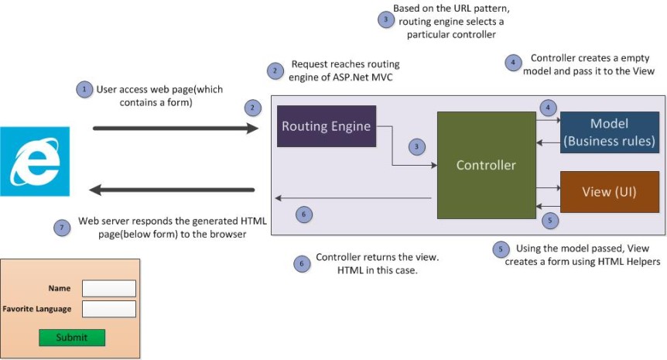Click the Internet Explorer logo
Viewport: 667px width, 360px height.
pyautogui.click(x=36, y=161)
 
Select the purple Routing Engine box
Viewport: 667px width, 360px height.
pyautogui.click(x=327, y=125)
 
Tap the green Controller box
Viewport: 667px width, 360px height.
pyautogui.click(x=486, y=165)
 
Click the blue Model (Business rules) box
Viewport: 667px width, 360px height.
pyautogui.click(x=609, y=132)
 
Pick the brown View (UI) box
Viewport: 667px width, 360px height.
pyautogui.click(x=609, y=191)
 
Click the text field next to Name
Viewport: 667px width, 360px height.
pyautogui.click(x=109, y=288)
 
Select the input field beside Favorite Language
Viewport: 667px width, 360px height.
pyautogui.click(x=109, y=309)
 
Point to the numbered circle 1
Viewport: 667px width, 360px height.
pyautogui.click(x=84, y=89)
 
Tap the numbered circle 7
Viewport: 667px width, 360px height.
pyautogui.click(x=63, y=228)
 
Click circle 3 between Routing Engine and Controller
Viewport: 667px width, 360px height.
pyautogui.click(x=417, y=146)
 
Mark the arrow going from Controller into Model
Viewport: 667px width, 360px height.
pyautogui.click(x=548, y=121)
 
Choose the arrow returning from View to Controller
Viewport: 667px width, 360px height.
pyautogui.click(x=548, y=206)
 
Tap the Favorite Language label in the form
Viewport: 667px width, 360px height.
pyautogui.click(x=37, y=309)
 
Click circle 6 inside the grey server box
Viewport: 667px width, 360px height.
pyautogui.click(x=304, y=214)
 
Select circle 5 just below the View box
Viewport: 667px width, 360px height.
pyautogui.click(x=549, y=221)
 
